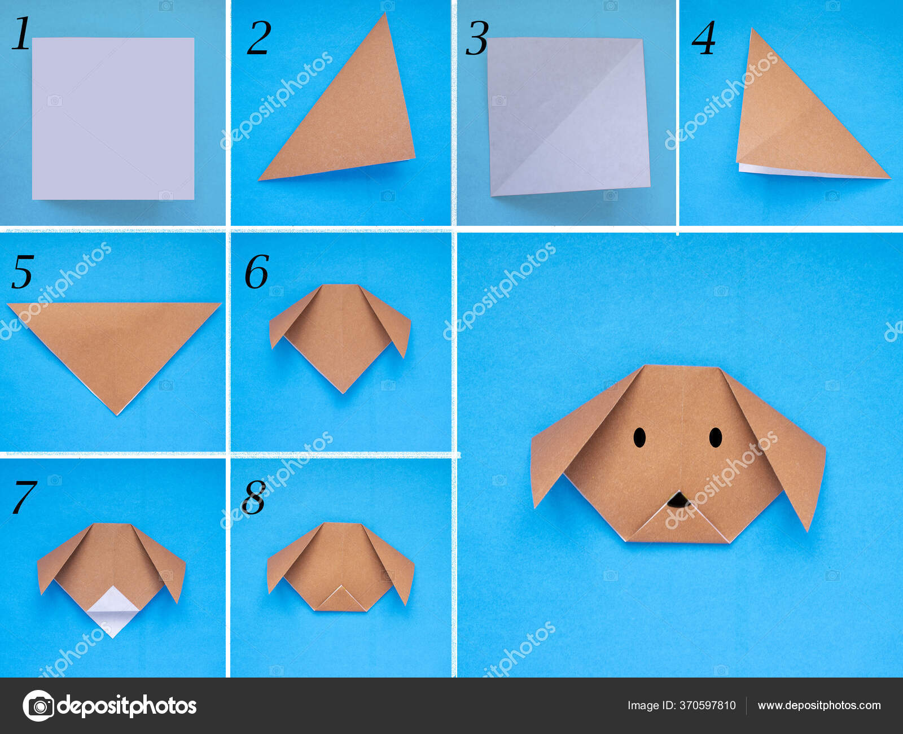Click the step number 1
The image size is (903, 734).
tap(21, 34)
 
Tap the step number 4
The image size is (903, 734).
tap(704, 38)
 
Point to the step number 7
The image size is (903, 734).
tap(24, 497)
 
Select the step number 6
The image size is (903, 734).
tap(256, 272)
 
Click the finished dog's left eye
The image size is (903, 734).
tap(639, 438)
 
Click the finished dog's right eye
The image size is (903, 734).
tap(716, 438)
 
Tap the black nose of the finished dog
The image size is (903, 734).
tap(677, 500)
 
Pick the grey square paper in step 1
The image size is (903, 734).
tap(113, 119)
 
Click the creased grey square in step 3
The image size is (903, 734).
tap(567, 116)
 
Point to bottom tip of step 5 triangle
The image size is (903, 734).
tap(117, 412)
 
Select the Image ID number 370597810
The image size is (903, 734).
tap(708, 705)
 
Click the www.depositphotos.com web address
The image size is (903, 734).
tap(819, 705)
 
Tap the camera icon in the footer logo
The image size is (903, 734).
tap(38, 706)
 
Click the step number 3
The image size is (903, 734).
tap(476, 38)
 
